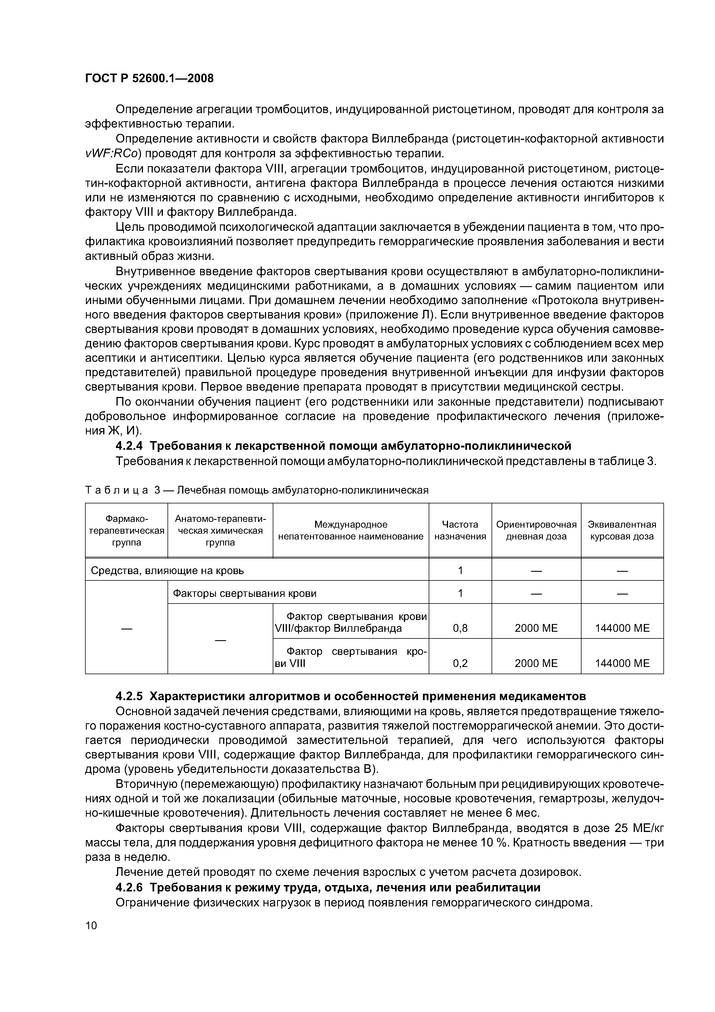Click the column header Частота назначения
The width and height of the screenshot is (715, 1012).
click(460, 530)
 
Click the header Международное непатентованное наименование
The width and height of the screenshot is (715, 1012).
click(351, 530)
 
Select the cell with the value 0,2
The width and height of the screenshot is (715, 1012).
click(460, 663)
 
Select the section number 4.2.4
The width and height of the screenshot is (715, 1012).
click(129, 446)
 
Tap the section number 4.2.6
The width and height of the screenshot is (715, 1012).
click(129, 887)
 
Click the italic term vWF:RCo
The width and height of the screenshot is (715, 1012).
click(112, 154)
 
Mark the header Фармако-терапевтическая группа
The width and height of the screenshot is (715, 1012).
click(127, 530)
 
